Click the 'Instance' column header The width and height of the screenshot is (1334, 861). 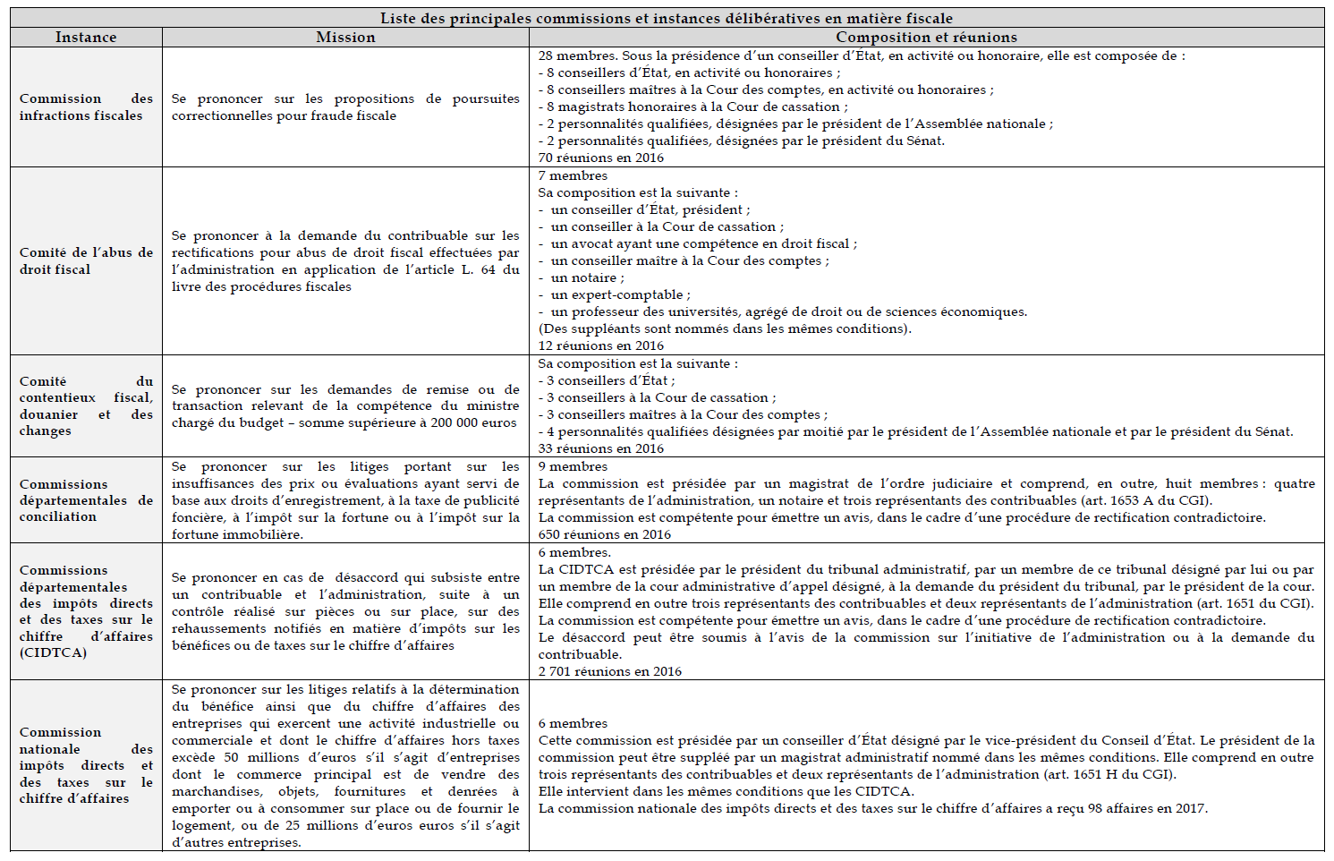tap(86, 38)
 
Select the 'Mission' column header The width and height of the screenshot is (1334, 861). tap(345, 38)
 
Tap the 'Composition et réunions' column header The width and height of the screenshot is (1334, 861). tap(926, 38)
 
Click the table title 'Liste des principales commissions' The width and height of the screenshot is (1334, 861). tap(666, 18)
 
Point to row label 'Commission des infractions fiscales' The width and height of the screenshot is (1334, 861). tap(86, 107)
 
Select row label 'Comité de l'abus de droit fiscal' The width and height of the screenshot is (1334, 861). tap(86, 260)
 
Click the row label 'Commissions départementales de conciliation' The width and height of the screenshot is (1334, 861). tap(86, 500)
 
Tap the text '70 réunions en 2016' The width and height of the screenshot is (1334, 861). tap(601, 158)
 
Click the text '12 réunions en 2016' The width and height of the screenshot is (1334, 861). tap(601, 345)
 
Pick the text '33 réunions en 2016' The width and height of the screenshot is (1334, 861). tap(601, 448)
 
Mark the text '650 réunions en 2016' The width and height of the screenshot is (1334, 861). tap(605, 534)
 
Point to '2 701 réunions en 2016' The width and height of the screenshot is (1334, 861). tap(610, 671)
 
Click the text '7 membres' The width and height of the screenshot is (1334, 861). tap(573, 175)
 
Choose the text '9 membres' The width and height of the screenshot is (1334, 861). tap(573, 466)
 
